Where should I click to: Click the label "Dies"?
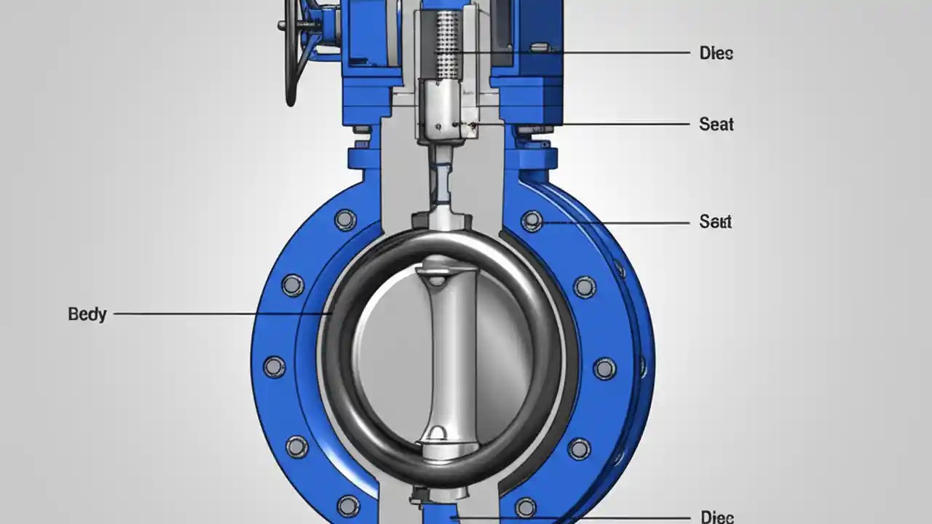[x=716, y=53]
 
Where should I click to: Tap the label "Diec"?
[x=716, y=517]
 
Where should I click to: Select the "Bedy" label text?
[x=87, y=314]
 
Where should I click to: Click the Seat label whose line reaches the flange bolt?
[x=715, y=221]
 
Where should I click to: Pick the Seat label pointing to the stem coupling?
[x=716, y=124]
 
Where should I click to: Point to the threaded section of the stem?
[x=446, y=44]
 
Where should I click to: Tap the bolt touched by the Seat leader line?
[x=532, y=221]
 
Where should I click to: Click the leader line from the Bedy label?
[x=218, y=314]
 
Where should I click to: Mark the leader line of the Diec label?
[x=568, y=517]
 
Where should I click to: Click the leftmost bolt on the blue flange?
[x=274, y=367]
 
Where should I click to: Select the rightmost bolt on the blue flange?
[x=604, y=368]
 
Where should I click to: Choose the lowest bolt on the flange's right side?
[x=526, y=507]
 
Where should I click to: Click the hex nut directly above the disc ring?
[x=433, y=219]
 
